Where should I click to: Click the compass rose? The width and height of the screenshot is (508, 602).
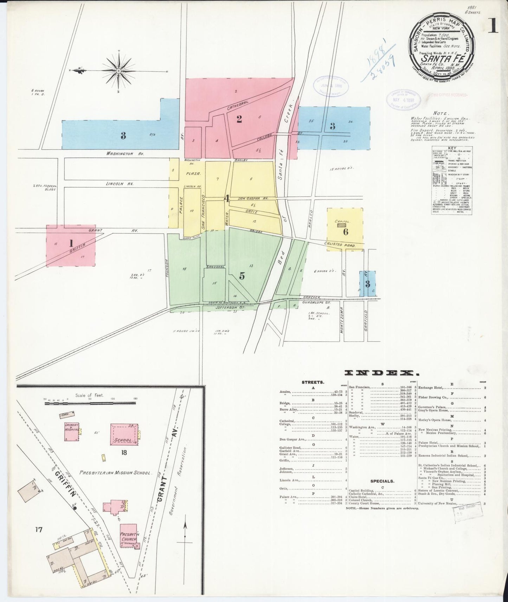coord(119,71)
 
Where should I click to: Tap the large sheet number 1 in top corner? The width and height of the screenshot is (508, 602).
coord(494,25)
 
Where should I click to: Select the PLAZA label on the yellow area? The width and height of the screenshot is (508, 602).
coord(193,174)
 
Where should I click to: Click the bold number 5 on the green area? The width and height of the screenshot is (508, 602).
coord(242,276)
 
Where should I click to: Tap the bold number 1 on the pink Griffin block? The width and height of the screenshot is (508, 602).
coord(71,243)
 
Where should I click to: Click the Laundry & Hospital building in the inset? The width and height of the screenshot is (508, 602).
coord(71,431)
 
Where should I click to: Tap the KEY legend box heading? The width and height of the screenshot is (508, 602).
coord(452,148)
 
